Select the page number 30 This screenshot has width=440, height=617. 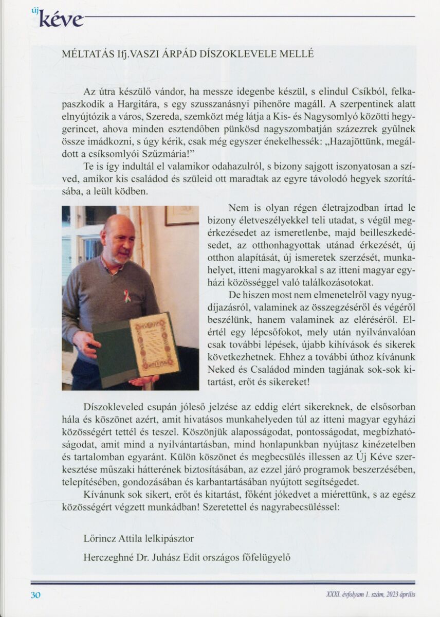tap(35, 595)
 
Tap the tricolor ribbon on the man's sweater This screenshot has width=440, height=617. tap(126, 296)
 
